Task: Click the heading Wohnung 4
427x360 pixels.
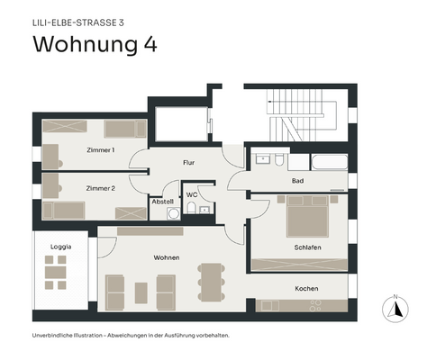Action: pos(95,45)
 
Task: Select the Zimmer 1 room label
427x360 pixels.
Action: pos(100,149)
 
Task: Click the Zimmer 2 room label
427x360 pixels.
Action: pos(100,188)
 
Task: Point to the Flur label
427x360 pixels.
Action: pos(189,163)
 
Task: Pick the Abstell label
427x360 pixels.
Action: pos(163,202)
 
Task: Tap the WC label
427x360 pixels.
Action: pos(192,194)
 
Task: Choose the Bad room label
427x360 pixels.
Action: pos(297,181)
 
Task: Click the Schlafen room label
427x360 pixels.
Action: pos(307,247)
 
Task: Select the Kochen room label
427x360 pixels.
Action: pos(307,288)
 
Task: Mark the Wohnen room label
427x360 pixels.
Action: pos(166,257)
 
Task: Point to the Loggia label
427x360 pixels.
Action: pos(60,245)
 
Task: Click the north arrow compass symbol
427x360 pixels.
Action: pos(393,308)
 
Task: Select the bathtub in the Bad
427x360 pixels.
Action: pos(327,162)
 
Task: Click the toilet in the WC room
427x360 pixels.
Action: pos(193,209)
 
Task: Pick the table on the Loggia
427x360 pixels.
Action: pos(57,268)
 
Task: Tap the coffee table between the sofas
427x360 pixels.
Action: pos(141,292)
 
